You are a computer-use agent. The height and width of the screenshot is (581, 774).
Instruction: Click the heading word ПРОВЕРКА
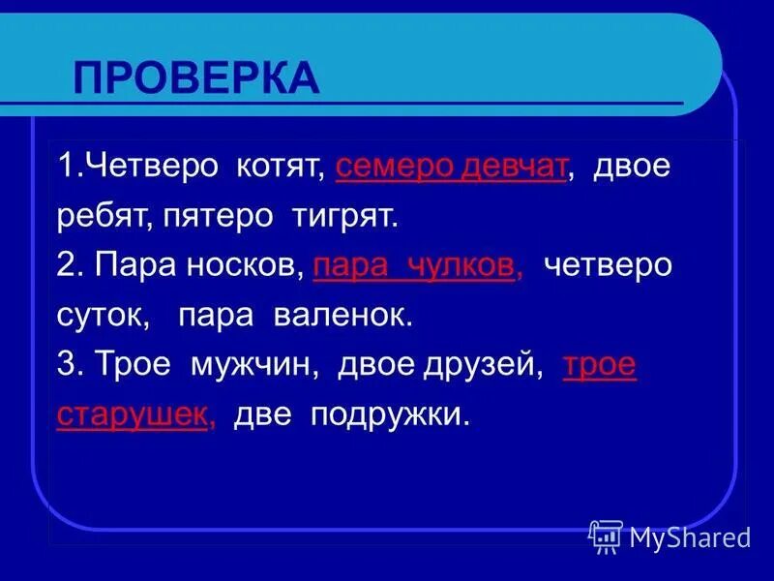[x=196, y=77]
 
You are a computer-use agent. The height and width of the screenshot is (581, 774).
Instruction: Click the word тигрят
[x=345, y=217]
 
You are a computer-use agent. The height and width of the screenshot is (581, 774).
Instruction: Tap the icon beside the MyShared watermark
[x=606, y=535]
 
